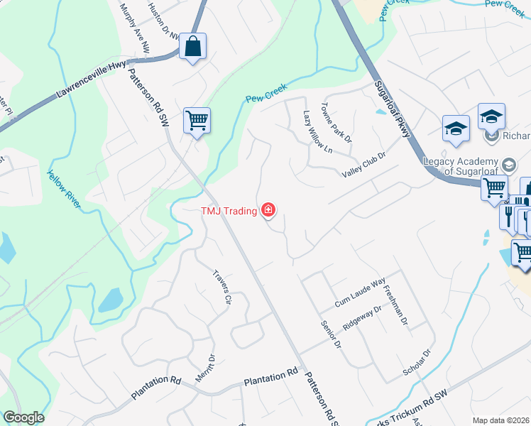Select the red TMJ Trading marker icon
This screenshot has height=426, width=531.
[x=268, y=209]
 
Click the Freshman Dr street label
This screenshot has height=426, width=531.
[x=395, y=305]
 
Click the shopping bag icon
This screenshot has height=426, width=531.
[x=192, y=48]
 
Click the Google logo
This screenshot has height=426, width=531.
[x=23, y=417]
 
